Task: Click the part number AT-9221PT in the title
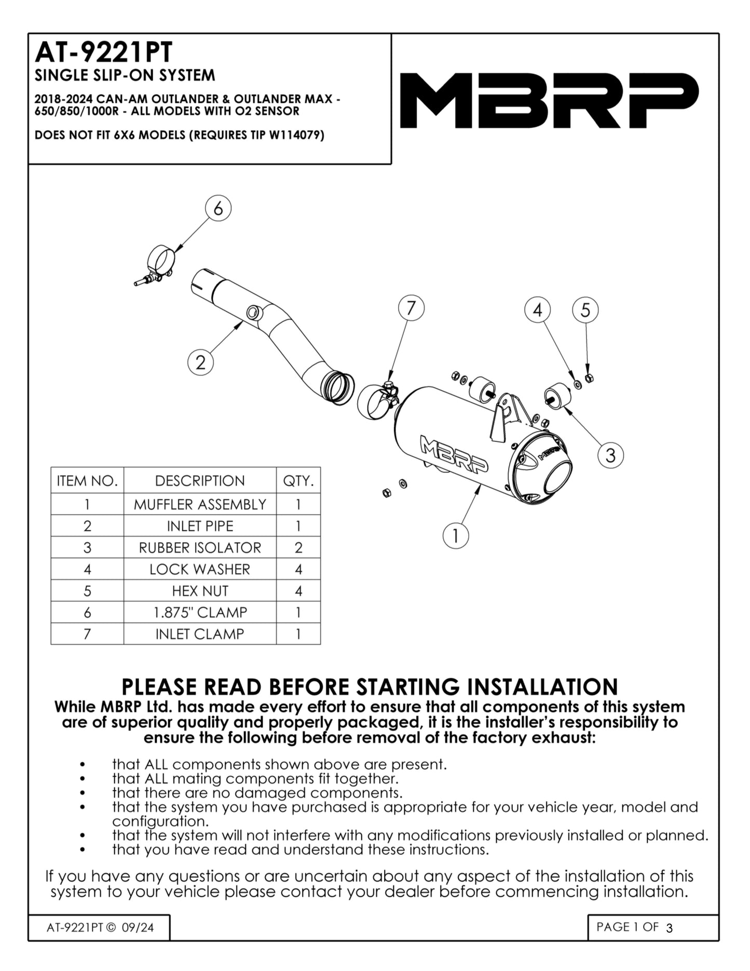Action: [103, 52]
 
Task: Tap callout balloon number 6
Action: [218, 209]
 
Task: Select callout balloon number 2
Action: [201, 362]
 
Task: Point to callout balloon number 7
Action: [411, 308]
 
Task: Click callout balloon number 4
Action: [538, 310]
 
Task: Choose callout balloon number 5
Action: [585, 310]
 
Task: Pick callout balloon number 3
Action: [610, 455]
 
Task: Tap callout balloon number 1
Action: [456, 535]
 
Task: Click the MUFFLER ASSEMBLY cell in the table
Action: [200, 505]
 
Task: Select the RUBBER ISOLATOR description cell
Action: [200, 548]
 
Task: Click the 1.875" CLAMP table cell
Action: [200, 613]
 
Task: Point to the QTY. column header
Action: [298, 481]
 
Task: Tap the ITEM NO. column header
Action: [87, 481]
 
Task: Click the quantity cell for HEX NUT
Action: [298, 591]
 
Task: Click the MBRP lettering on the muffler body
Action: [454, 455]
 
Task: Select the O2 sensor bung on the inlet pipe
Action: [253, 312]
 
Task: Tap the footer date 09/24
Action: [138, 927]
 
